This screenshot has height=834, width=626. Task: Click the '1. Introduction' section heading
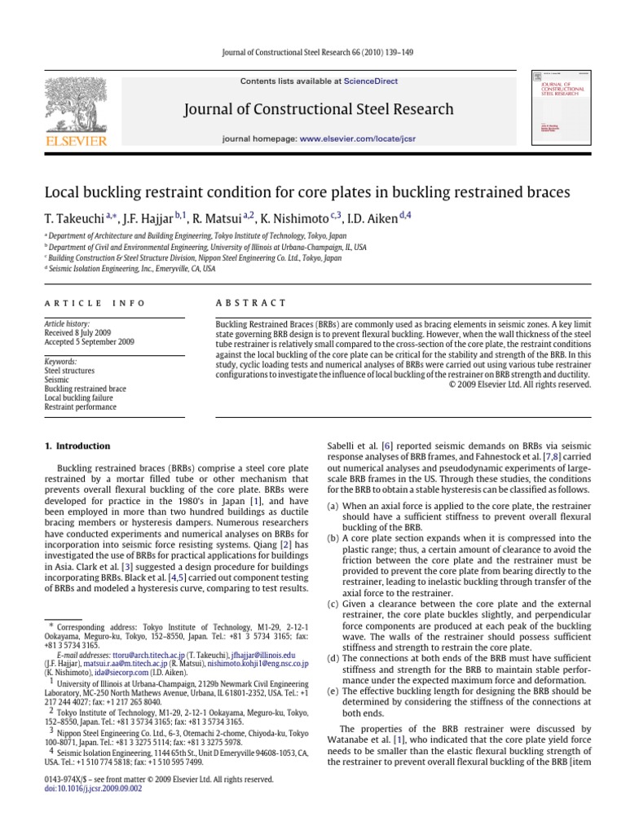(x=76, y=446)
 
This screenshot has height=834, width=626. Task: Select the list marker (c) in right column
(x=332, y=604)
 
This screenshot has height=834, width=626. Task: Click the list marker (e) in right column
(x=332, y=688)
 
